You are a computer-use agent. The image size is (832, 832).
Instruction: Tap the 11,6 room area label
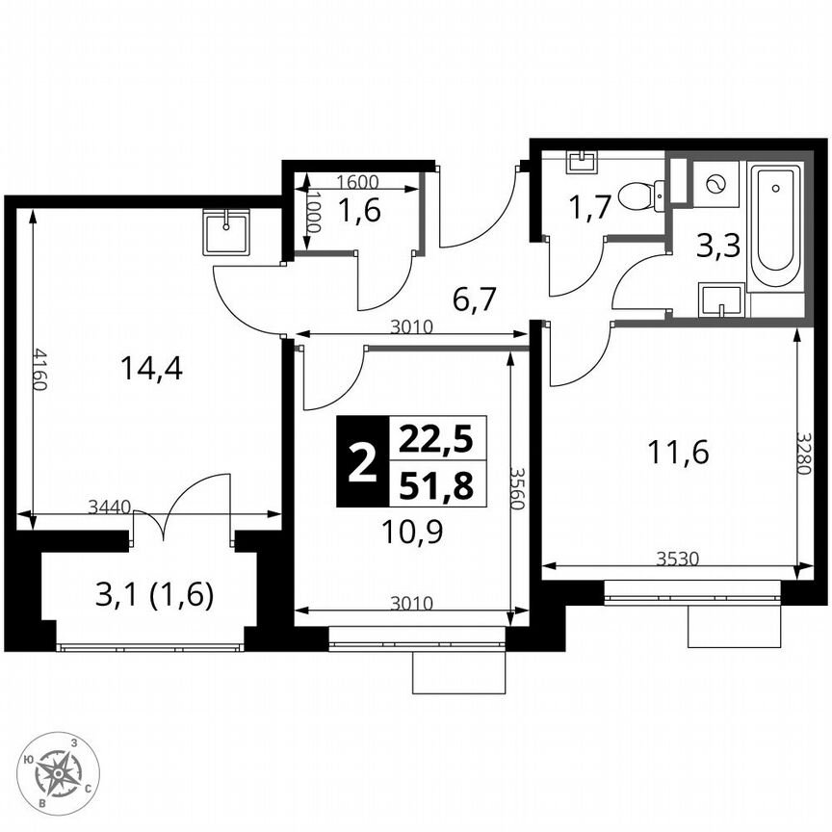[678, 452]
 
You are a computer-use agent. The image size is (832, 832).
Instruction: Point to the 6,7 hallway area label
[474, 300]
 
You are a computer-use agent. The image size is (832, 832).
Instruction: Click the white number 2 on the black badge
[361, 462]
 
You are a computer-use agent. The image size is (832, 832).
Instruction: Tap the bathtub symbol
[775, 227]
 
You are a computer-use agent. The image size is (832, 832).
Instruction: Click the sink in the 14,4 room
[226, 231]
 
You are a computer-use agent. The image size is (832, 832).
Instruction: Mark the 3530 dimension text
[678, 558]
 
